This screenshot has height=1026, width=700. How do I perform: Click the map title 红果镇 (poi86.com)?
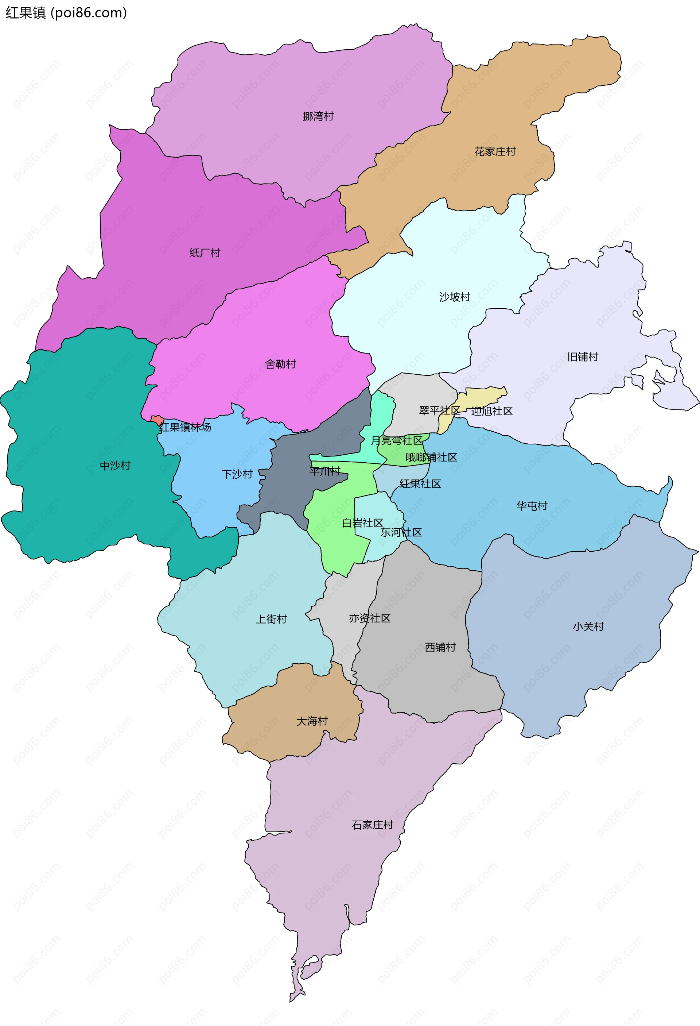66,13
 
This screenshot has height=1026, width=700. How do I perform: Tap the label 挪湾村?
318,116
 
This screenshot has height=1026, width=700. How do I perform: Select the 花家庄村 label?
495,151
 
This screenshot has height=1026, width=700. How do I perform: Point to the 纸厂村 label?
205,252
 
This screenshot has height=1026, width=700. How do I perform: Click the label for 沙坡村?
455,297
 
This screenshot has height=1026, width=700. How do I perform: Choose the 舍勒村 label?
280,364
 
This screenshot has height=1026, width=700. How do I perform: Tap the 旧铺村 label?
583,357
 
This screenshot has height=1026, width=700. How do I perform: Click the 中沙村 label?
115,465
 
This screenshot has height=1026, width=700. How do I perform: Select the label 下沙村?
237,474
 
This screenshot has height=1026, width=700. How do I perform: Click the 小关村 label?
588,626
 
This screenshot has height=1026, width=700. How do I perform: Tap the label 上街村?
271,619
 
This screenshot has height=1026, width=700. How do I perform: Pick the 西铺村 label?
440,647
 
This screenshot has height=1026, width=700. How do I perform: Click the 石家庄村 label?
372,825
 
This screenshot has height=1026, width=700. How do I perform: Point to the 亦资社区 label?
370,618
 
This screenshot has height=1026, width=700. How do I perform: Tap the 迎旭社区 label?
492,411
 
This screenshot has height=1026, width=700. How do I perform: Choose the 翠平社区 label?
439,410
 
